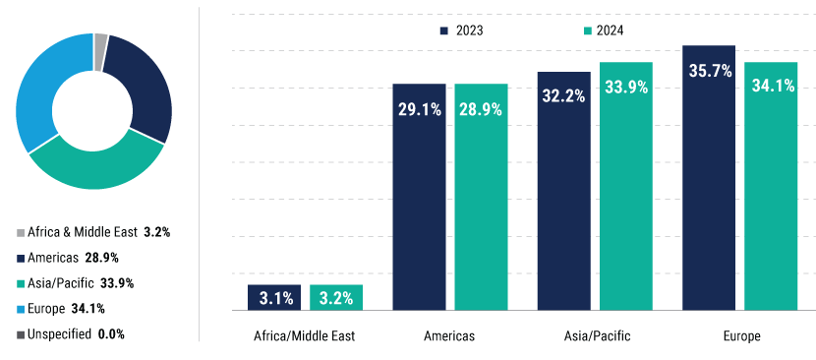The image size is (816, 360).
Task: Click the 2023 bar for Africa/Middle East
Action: (274, 297)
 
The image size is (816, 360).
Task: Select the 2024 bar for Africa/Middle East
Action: (336, 297)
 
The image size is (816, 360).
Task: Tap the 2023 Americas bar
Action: (419, 197)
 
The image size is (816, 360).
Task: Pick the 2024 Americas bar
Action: (481, 197)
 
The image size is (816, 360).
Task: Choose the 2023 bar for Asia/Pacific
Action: (563, 192)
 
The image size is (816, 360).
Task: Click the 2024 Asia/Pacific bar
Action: (626, 187)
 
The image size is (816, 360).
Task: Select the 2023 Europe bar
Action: (709, 177)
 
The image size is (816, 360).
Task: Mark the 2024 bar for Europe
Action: (771, 187)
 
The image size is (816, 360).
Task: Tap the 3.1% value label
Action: (274, 297)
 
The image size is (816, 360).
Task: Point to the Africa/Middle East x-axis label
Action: (305, 336)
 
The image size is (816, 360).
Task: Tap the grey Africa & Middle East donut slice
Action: (100, 38)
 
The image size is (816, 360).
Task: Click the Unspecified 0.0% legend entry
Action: (69, 334)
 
